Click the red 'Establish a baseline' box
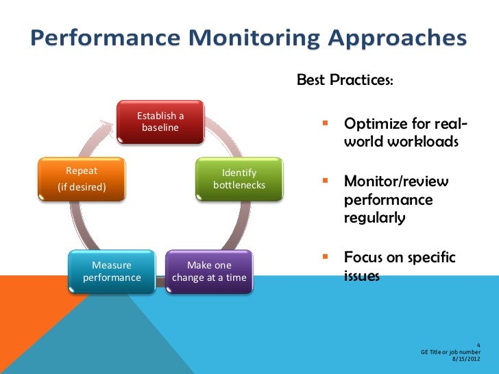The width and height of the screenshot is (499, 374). coord(160,122)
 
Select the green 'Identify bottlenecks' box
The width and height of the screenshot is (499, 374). coord(239,179)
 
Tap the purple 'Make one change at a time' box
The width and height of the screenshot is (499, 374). coord(209,271)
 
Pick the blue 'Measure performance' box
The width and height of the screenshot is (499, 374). coord(112,271)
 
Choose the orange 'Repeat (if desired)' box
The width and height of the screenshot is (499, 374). coord(82,179)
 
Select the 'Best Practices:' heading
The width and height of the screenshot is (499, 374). coord(345,81)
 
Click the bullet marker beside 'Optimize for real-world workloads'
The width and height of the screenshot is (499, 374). coord(327,125)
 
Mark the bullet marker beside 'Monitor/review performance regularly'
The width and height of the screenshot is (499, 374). coord(327,182)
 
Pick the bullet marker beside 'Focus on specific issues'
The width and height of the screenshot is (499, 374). coord(327,258)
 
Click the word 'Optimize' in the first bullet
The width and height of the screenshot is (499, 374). coord(373,125)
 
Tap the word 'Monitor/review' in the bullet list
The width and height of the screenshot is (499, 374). coord(396,182)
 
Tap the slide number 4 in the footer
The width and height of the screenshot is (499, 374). coord(478,344)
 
